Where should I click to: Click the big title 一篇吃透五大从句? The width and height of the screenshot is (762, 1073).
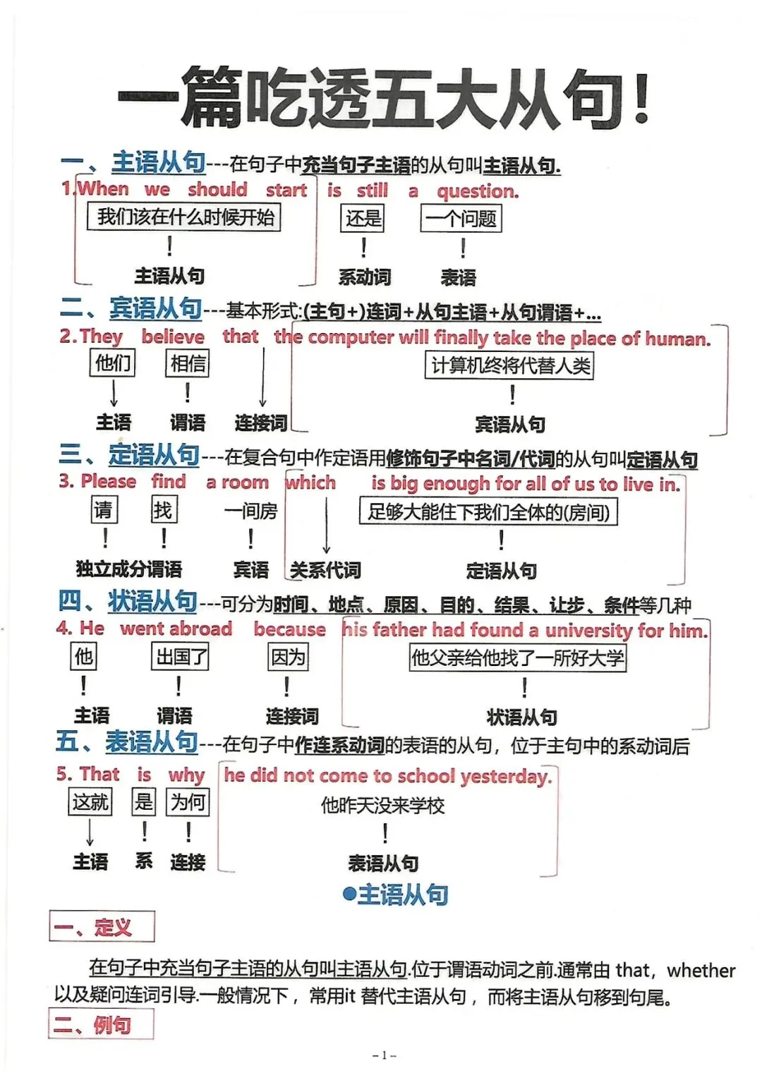[x=385, y=99]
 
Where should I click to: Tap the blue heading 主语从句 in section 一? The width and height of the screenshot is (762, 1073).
[x=159, y=163]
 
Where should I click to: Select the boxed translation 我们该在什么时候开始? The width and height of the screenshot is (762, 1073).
[x=184, y=217]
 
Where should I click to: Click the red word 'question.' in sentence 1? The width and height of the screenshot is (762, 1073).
[x=478, y=190]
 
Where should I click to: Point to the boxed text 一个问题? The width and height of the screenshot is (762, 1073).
[x=461, y=218]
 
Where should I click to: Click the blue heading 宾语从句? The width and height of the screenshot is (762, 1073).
[x=155, y=309]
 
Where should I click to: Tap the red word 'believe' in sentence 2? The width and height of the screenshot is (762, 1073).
[x=173, y=337]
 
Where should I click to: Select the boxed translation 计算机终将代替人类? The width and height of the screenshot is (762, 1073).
[x=509, y=365]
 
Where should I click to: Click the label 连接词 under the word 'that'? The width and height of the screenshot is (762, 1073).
[x=260, y=423]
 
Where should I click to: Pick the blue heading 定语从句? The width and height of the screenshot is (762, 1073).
[x=154, y=455]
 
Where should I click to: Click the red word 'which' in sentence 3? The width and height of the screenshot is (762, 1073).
[x=310, y=483]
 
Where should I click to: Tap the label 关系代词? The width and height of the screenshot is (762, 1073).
[x=325, y=570]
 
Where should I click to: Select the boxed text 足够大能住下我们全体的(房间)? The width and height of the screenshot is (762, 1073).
[x=488, y=511]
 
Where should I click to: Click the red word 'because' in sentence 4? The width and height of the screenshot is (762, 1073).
[x=289, y=629]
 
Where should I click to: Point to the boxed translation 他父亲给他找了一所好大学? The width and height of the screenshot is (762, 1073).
[x=518, y=658]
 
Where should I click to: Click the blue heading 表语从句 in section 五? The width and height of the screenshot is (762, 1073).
[x=152, y=742]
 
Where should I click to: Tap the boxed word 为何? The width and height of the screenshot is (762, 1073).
[x=188, y=802]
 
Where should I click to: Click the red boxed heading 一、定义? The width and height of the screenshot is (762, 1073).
[x=102, y=927]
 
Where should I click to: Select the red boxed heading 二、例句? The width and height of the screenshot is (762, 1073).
[x=101, y=1024]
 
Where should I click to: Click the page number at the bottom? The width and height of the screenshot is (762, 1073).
[x=384, y=1056]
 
